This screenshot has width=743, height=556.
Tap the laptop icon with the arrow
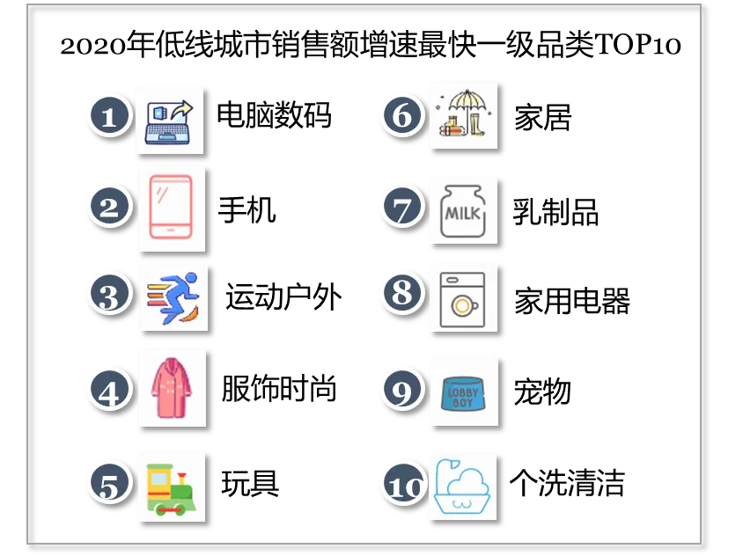170,121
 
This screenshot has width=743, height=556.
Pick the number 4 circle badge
109,390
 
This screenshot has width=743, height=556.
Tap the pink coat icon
171,388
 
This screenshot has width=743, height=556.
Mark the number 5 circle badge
109,484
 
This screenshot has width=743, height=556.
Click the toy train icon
171,487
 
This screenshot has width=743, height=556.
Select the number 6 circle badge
402,115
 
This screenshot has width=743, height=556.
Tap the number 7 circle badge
402,208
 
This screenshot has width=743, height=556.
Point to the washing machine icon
463,296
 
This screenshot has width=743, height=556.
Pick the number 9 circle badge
402,390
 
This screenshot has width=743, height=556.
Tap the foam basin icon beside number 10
463,486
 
